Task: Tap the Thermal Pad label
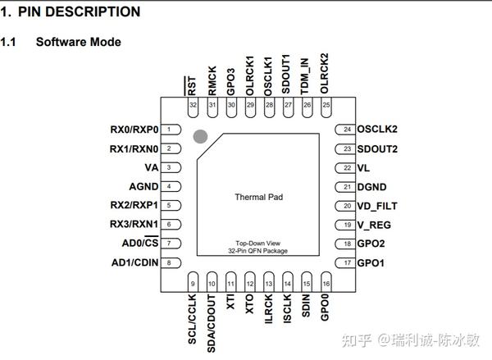coord(258,197)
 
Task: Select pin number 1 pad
coord(171,130)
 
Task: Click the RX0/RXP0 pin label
coord(134,130)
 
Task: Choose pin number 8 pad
coord(171,262)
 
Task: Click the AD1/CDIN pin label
coord(134,262)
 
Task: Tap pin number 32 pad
coord(193,105)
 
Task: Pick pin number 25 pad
coord(326,105)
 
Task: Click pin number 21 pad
coord(347,187)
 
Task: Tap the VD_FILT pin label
coord(377,206)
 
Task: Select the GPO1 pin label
coord(371,262)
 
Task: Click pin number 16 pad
coord(326,285)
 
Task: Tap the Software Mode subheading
coord(79,42)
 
